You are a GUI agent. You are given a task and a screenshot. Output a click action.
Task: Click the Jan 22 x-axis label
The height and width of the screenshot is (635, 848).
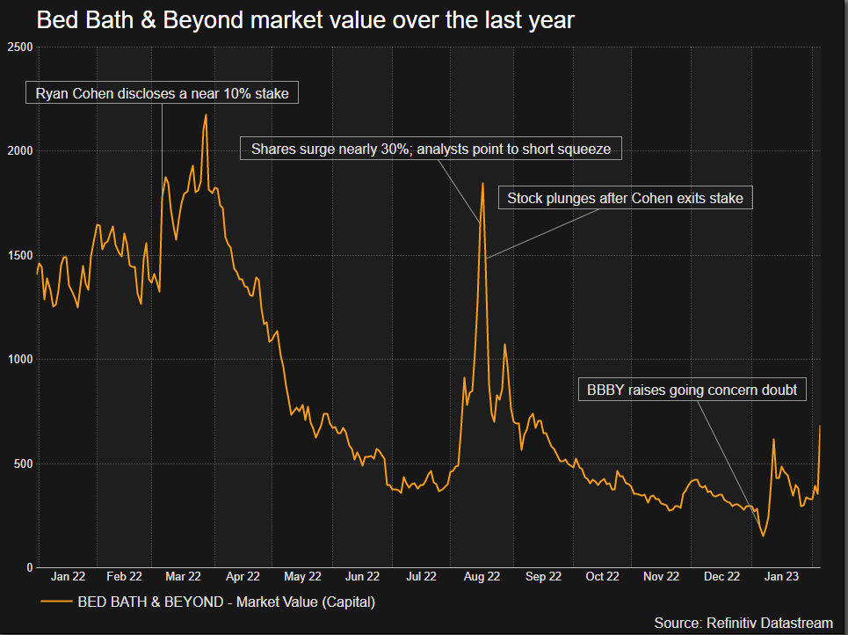(68, 577)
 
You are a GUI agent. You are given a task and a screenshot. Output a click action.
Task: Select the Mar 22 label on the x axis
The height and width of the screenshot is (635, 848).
(184, 577)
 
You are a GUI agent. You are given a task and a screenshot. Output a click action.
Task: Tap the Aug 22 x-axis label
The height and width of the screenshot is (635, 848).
(482, 577)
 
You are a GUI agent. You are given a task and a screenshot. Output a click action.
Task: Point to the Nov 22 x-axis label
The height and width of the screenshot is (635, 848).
(661, 577)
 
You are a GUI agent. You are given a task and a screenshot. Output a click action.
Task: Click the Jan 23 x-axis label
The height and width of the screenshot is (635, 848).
(780, 577)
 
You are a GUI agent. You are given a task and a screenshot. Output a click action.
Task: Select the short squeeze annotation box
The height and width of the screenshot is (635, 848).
(431, 150)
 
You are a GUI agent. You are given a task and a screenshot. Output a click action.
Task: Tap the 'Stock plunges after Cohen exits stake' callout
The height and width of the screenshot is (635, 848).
(625, 199)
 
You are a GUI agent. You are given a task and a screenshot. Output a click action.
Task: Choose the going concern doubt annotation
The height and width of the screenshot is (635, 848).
(692, 390)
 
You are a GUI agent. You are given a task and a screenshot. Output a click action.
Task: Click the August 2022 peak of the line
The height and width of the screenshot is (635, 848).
(482, 183)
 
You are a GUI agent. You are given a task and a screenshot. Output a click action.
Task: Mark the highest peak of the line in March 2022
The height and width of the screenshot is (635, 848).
(206, 114)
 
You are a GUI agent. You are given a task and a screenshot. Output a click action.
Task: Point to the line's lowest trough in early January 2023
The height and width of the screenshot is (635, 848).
(764, 536)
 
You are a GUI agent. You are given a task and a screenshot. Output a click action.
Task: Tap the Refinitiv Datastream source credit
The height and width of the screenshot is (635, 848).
(743, 623)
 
